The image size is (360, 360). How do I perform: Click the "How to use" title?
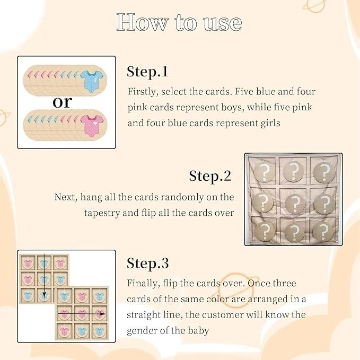179,22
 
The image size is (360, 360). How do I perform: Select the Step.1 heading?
147,72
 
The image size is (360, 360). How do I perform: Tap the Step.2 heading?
210,177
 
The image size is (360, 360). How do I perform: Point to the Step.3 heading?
147,263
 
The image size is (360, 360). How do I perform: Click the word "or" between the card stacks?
62,102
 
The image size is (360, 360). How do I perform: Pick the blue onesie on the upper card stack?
92,81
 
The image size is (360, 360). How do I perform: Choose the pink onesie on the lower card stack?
92,126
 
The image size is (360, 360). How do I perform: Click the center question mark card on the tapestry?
295,203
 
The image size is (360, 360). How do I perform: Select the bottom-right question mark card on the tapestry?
323,231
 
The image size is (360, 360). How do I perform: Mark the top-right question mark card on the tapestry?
324,172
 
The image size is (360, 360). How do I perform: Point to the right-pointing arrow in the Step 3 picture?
82,314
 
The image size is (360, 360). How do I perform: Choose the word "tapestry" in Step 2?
102,213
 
